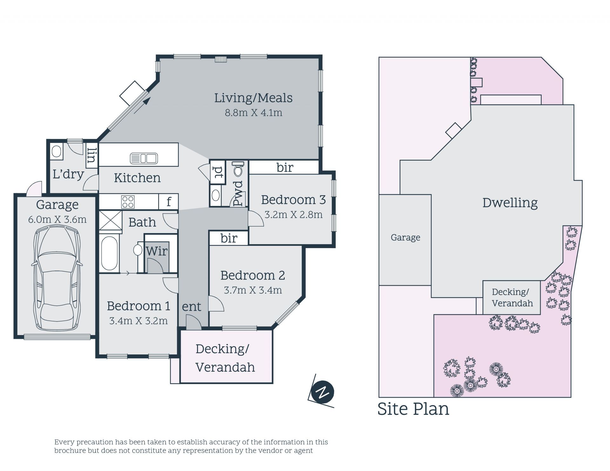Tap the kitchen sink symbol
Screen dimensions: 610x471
(144, 158)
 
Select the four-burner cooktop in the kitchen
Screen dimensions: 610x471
(128, 202)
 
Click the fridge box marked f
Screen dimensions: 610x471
(169, 201)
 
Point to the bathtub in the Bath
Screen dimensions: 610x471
(109, 253)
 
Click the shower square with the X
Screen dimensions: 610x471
(110, 220)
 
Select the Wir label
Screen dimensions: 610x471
(157, 251)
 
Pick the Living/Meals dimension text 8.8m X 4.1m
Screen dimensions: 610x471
(254, 112)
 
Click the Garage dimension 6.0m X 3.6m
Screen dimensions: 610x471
(57, 219)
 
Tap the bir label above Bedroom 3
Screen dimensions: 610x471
(285, 167)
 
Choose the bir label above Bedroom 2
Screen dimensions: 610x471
(229, 238)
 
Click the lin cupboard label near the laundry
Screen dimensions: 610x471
(91, 155)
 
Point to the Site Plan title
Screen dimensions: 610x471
(413, 409)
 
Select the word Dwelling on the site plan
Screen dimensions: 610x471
(510, 203)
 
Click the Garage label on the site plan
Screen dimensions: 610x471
(405, 238)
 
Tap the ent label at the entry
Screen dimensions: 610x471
(192, 307)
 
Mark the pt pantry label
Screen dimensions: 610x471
(218, 172)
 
